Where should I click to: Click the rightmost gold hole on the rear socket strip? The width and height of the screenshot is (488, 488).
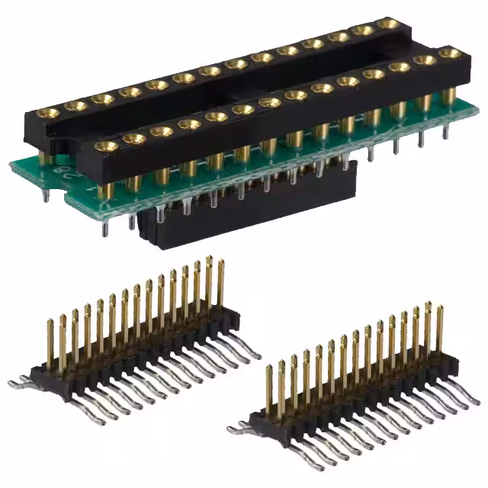click(x=388, y=24)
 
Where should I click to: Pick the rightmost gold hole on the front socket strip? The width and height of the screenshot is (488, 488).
click(x=450, y=53)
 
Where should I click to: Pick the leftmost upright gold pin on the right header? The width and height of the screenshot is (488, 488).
click(x=268, y=389)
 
